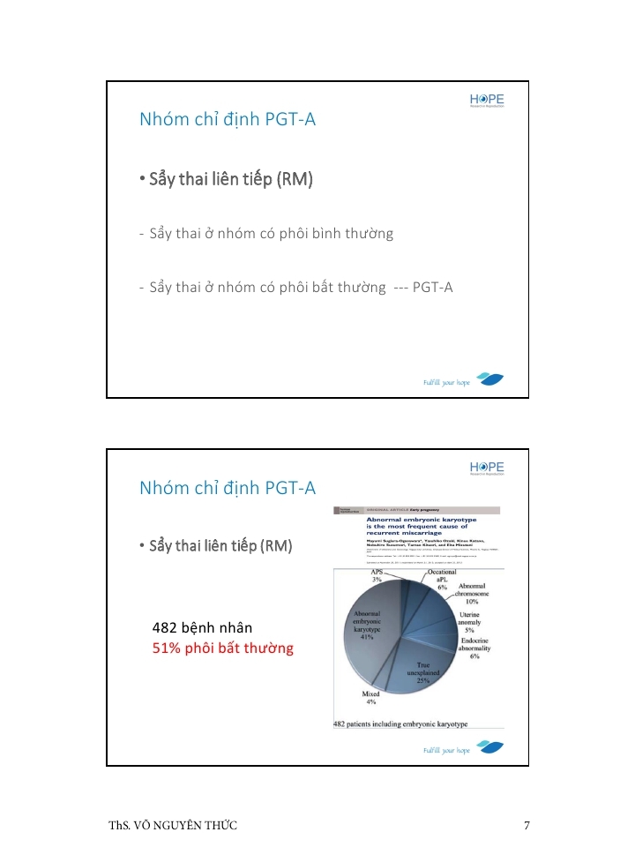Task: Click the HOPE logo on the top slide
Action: tap(487, 101)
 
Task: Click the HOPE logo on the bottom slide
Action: tap(487, 468)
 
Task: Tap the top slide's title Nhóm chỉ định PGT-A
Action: tap(228, 120)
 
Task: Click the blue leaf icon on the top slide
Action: tap(490, 379)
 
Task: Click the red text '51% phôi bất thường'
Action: tap(223, 648)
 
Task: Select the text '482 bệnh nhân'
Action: tap(203, 628)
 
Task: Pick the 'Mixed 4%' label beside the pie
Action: tap(371, 698)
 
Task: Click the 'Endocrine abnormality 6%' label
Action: tap(474, 648)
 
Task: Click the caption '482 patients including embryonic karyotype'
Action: tap(400, 724)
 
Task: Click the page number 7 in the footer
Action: tap(527, 826)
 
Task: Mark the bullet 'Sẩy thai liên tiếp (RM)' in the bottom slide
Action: tap(216, 546)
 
